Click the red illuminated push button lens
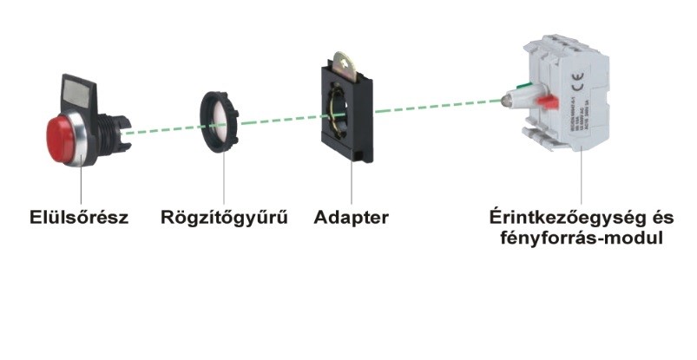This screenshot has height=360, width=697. click(x=63, y=134)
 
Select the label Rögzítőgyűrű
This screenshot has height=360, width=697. click(x=224, y=217)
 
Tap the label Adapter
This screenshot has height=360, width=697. click(x=351, y=217)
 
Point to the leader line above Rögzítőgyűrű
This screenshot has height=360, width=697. click(x=224, y=182)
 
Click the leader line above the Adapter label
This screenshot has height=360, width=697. click(x=352, y=187)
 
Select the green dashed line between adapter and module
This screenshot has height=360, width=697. click(x=434, y=106)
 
